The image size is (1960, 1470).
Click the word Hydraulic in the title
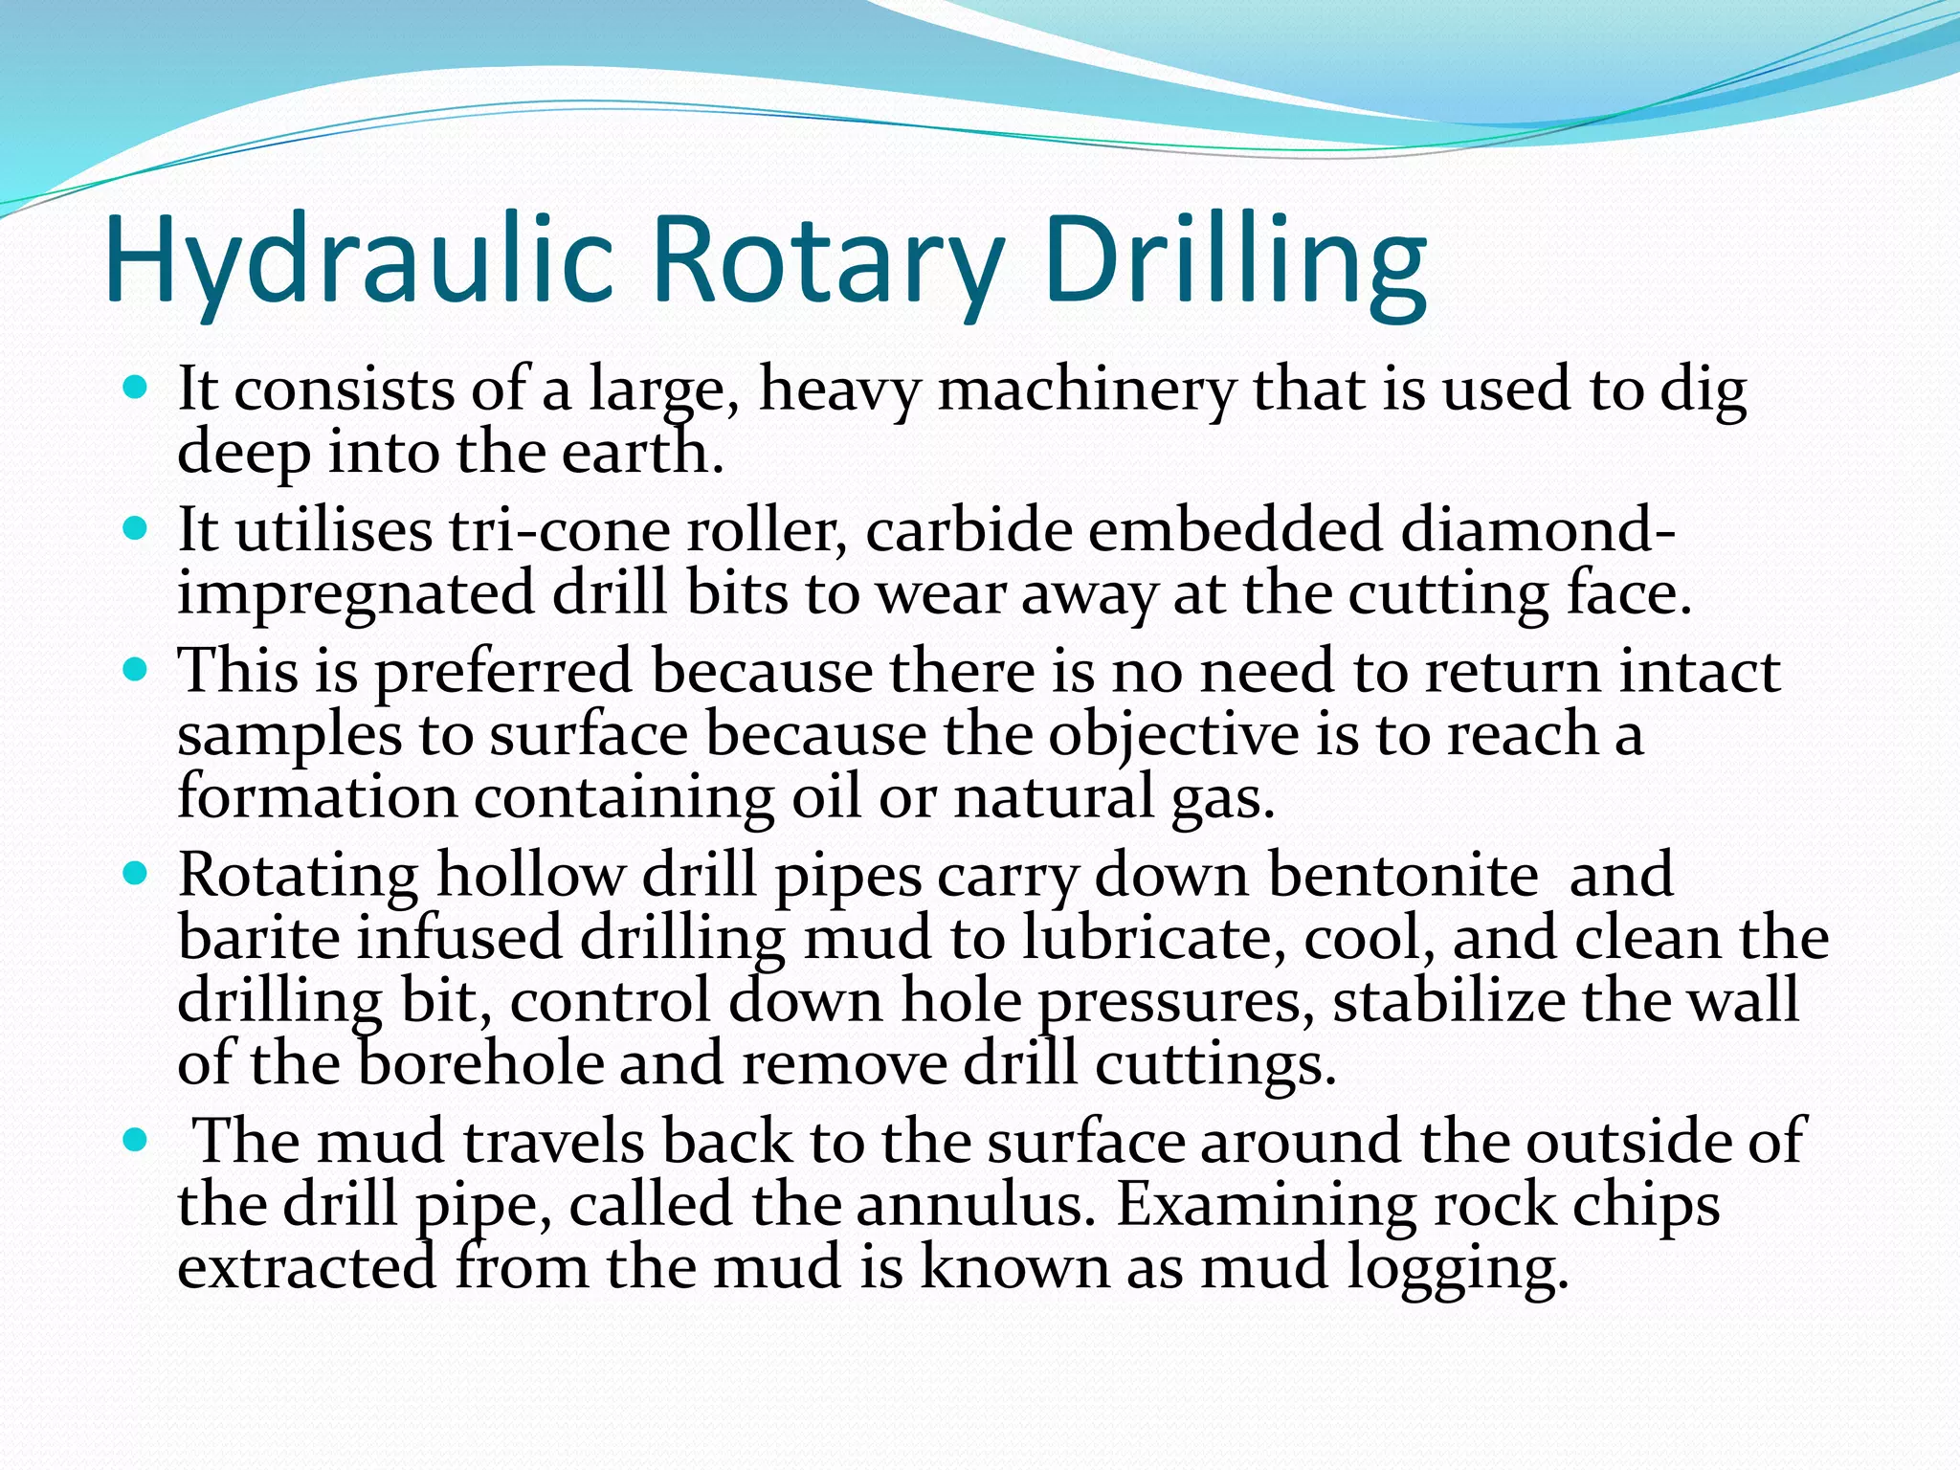(359, 260)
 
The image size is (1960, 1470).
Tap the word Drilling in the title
(1235, 260)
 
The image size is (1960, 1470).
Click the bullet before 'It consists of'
(137, 389)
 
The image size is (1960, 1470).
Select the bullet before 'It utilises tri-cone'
(137, 529)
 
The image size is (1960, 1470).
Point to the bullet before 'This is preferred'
(137, 670)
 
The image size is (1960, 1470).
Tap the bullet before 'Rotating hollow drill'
(137, 874)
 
